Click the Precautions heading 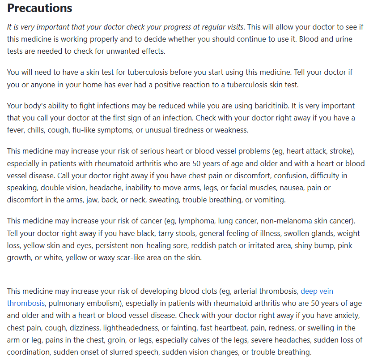(x=39, y=8)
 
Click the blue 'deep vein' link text (x=317, y=291)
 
